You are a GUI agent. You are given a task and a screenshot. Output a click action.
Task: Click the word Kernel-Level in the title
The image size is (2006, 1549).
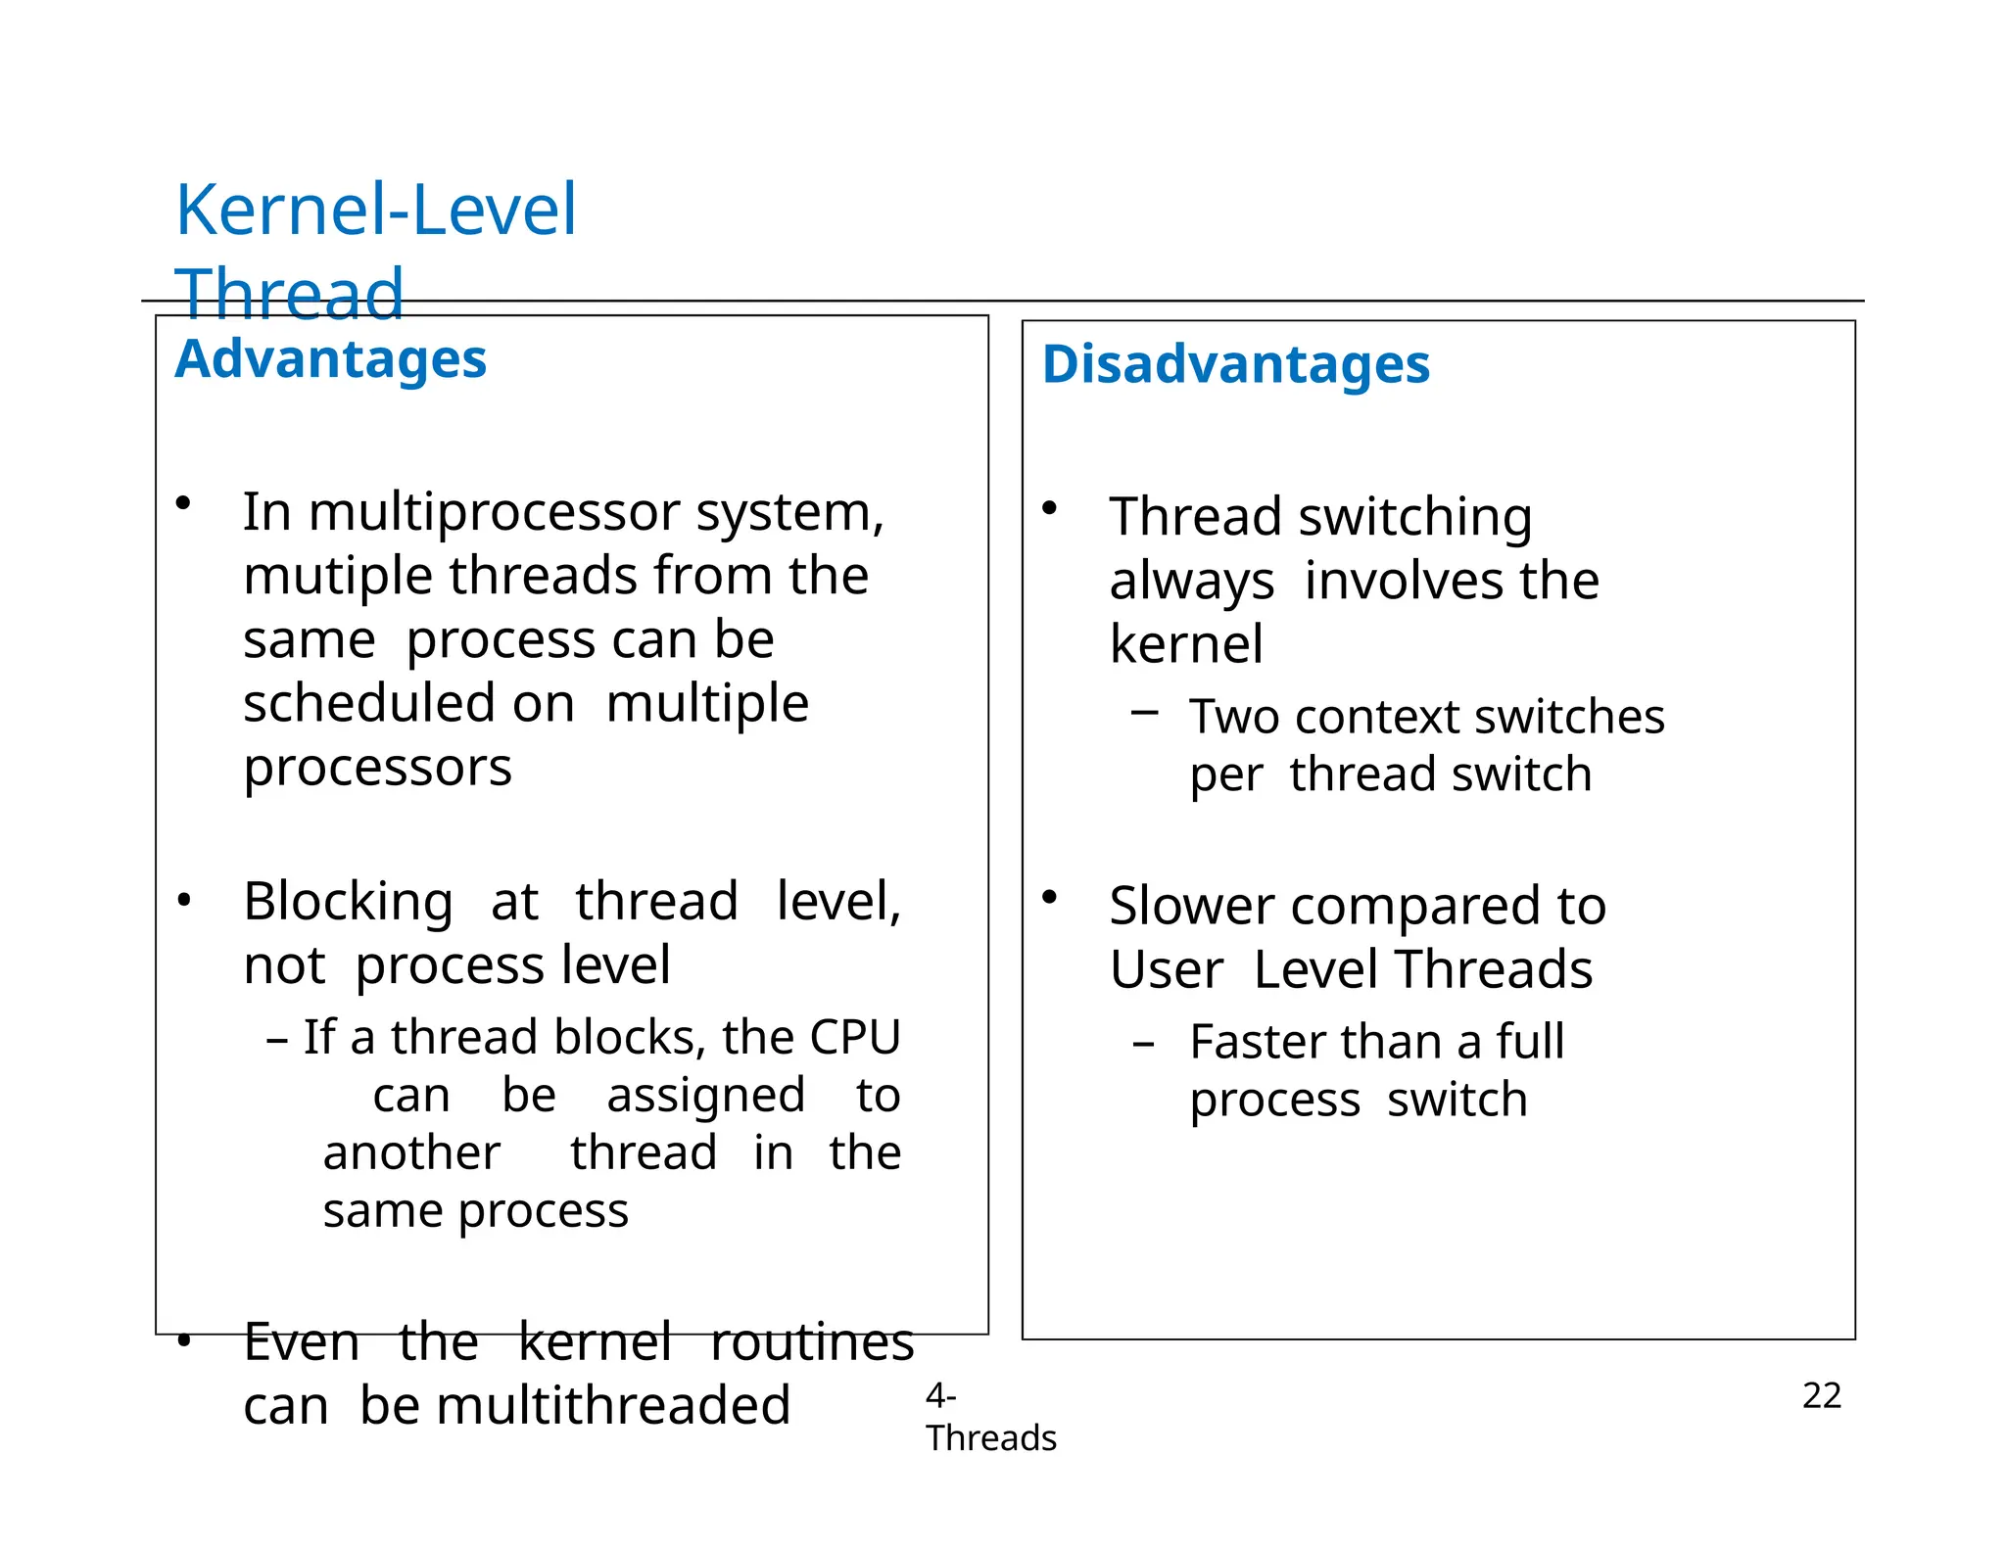point(375,211)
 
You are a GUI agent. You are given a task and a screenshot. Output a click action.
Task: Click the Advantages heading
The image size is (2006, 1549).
point(330,358)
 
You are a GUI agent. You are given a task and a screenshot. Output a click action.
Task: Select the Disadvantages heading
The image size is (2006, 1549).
point(1235,364)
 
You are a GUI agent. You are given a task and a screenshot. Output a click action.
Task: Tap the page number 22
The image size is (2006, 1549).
point(1821,1395)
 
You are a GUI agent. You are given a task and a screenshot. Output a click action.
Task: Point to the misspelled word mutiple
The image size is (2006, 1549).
point(339,576)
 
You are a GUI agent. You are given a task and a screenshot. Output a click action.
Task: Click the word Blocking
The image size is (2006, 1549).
point(348,901)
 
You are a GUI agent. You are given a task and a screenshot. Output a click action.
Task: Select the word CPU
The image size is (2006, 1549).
point(854,1037)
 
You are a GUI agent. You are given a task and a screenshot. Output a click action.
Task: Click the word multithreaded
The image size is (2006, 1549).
point(613,1406)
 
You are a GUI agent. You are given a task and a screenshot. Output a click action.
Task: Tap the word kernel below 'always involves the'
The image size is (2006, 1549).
point(1186,644)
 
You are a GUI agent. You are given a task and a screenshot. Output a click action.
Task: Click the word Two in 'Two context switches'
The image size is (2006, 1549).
point(1235,717)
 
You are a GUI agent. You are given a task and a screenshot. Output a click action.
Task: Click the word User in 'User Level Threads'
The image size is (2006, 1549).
point(1166,970)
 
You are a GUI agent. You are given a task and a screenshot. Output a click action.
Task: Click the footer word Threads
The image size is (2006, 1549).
point(990,1438)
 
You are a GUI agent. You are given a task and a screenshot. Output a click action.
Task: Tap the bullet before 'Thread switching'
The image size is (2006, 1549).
point(1049,508)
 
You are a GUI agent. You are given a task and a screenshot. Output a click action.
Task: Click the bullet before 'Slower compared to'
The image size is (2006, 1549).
point(1049,896)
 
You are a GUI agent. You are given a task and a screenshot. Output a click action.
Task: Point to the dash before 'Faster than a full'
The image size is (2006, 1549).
point(1142,1044)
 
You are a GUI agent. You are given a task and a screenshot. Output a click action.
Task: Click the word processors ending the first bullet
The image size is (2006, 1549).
point(377,768)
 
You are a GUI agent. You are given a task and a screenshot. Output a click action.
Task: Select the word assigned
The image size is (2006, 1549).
point(705,1096)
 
